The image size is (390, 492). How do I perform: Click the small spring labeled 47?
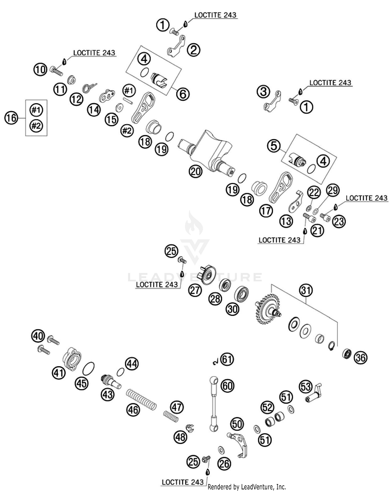click(x=171, y=416)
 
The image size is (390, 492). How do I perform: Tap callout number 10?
click(x=40, y=70)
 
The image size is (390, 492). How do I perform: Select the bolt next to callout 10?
click(x=57, y=71)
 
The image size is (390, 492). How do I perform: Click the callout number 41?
click(x=58, y=373)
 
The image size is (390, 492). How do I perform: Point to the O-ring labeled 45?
click(x=88, y=369)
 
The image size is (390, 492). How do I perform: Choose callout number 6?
click(x=183, y=94)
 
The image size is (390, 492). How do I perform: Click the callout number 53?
click(x=306, y=387)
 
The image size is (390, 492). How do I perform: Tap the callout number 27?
click(x=195, y=290)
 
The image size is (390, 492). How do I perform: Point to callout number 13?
click(x=286, y=221)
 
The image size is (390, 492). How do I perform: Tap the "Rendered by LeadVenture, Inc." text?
click(x=246, y=487)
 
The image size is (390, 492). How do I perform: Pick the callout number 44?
click(x=132, y=364)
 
